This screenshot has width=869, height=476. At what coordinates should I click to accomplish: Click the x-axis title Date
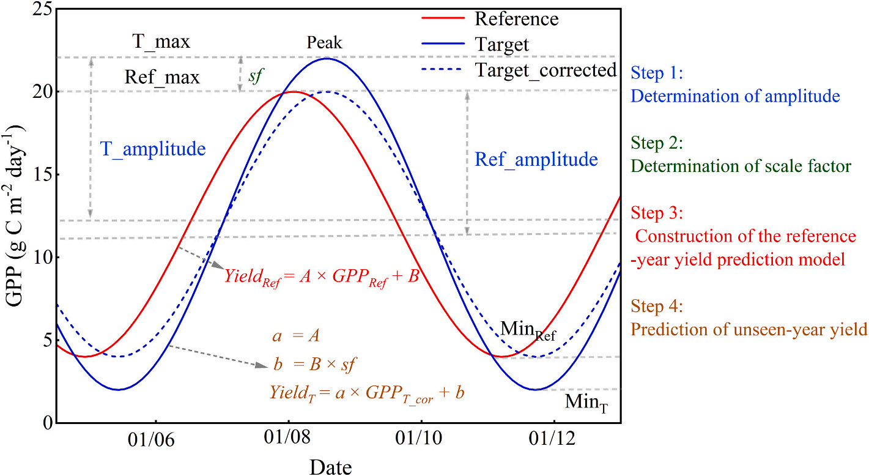330,466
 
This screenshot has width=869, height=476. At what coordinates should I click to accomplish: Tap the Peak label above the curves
325,43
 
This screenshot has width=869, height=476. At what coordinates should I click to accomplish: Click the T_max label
161,42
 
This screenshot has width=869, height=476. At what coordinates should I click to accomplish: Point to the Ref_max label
162,78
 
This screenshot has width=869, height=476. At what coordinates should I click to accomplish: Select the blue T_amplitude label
153,149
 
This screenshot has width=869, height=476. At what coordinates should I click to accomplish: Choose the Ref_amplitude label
536,160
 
